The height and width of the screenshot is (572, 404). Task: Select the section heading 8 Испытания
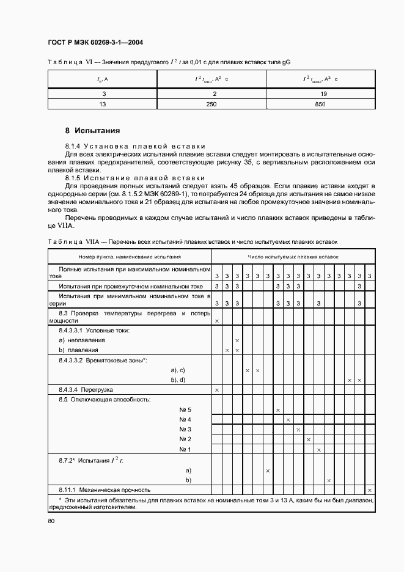[x=92, y=131]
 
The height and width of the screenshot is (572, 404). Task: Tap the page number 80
[x=51, y=521]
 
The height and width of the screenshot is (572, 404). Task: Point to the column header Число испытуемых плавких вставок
[x=293, y=257]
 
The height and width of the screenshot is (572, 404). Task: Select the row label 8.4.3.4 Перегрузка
[x=86, y=389]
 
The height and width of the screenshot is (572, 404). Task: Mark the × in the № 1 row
[x=318, y=450]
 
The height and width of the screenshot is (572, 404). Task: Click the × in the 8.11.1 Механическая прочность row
[x=369, y=490]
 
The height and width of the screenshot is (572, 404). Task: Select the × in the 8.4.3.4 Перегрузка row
[x=217, y=389]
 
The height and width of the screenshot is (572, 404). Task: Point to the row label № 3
[x=185, y=430]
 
